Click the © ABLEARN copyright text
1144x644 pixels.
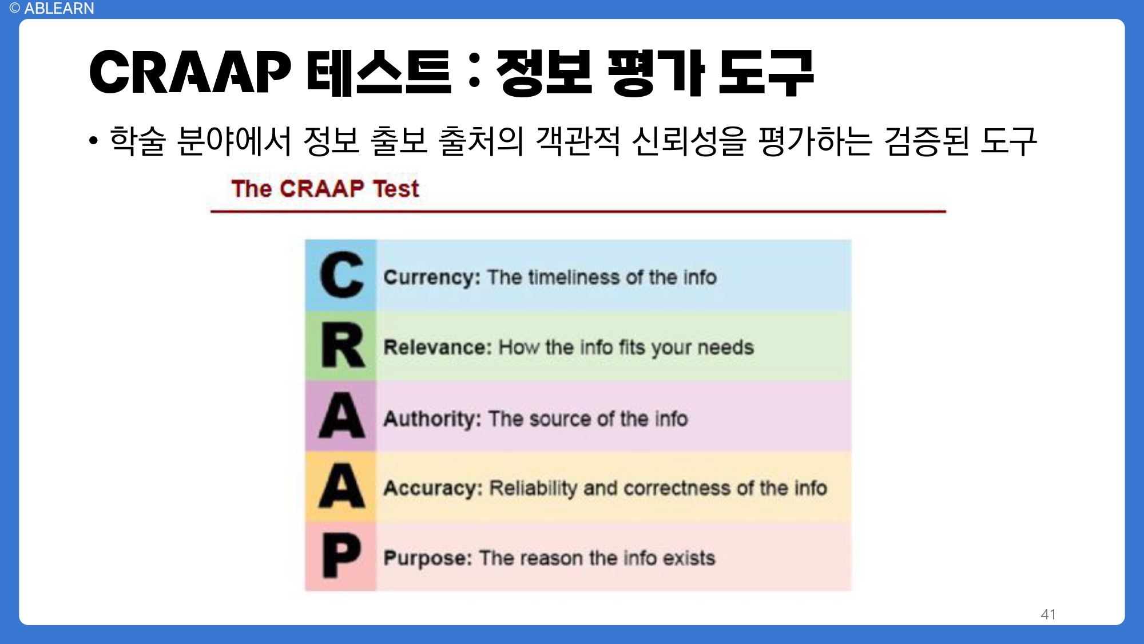[51, 9]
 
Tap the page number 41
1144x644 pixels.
[1048, 614]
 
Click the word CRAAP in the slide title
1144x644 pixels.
[190, 72]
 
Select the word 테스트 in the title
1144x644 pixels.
[379, 72]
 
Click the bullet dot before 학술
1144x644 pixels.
[94, 141]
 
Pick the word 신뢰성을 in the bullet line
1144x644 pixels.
[689, 141]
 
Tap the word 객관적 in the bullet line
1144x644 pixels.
[578, 141]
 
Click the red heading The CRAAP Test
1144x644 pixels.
[325, 188]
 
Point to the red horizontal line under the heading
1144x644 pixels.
[578, 211]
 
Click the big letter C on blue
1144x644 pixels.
[341, 275]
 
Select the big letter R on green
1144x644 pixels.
[342, 346]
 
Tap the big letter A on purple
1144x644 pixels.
[341, 416]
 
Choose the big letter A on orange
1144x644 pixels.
[341, 487]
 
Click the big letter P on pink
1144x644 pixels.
[341, 555]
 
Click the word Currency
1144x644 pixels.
[432, 278]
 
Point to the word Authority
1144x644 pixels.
[432, 419]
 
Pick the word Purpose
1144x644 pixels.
[427, 558]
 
